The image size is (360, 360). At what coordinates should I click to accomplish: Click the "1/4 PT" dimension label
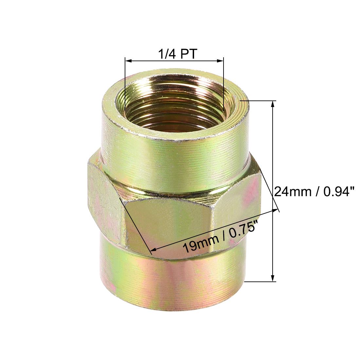(x=178, y=53)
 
